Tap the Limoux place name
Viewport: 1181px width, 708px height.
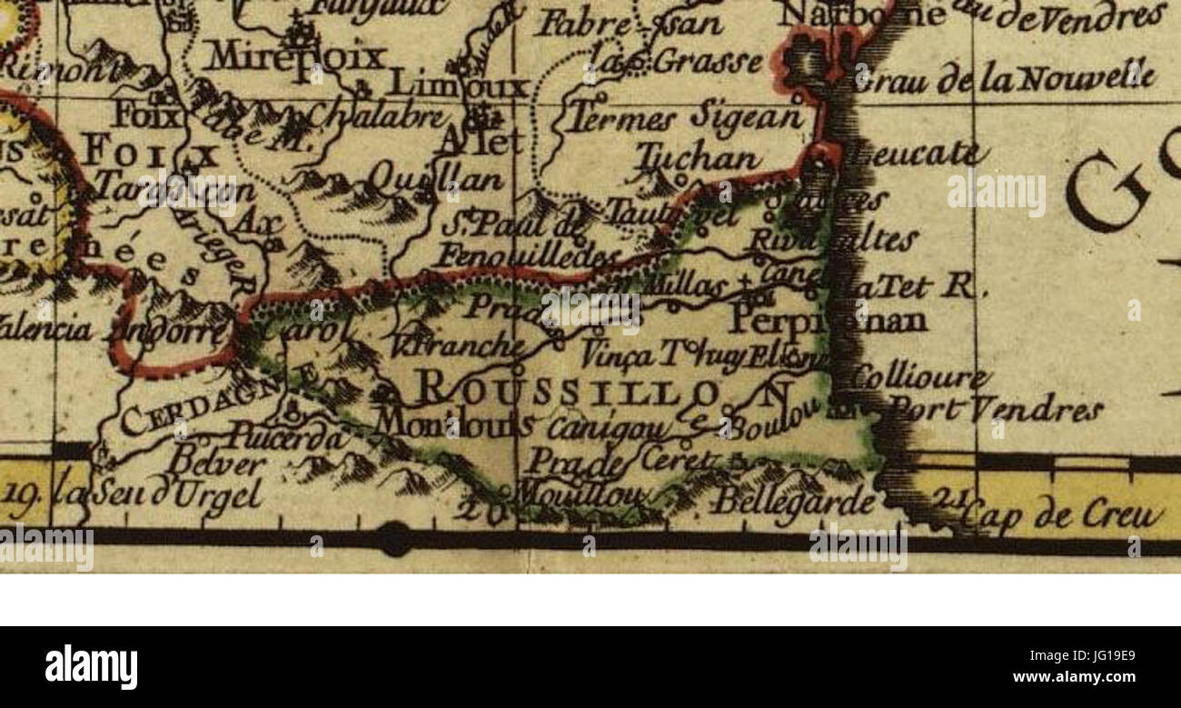[x=459, y=86]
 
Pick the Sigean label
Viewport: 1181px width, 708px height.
[x=747, y=116]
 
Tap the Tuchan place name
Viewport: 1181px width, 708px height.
[x=698, y=159]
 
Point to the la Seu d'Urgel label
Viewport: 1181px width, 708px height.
[x=159, y=496]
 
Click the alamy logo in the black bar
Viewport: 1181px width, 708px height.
[x=92, y=667]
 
